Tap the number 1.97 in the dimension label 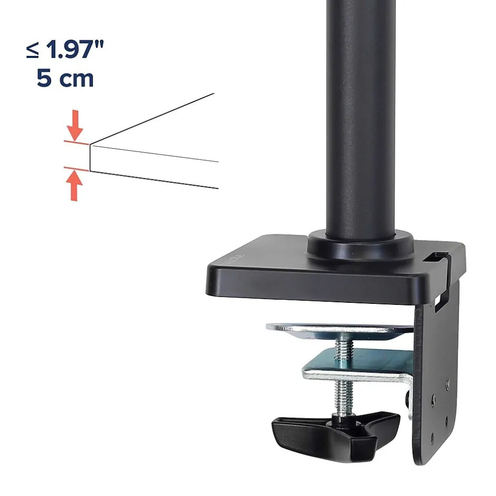click(69, 50)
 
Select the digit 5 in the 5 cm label click(44, 78)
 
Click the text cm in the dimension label click(77, 79)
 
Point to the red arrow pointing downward click(74, 125)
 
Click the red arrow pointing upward click(74, 186)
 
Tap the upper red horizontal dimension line click(76, 143)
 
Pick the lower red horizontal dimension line click(76, 169)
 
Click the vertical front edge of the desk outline click(90, 158)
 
